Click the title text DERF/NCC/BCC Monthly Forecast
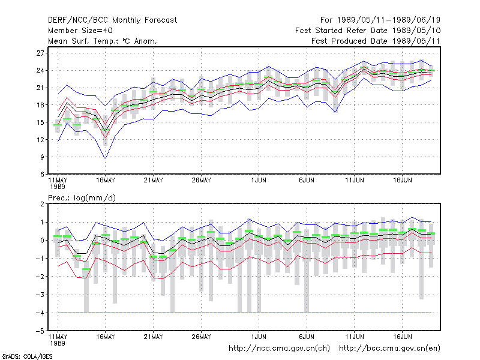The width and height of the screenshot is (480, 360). coord(112,20)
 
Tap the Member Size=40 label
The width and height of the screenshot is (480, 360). coord(80,31)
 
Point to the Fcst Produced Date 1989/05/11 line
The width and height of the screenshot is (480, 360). coord(376,41)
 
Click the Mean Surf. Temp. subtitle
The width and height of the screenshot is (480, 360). coord(103,41)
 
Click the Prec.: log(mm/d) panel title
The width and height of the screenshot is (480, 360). coord(82,198)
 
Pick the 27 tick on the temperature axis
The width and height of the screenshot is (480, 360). coord(40,53)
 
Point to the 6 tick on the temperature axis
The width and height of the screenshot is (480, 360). coord(42,175)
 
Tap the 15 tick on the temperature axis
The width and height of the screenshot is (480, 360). coord(40,122)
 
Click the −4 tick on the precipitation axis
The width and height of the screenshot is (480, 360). coord(40,313)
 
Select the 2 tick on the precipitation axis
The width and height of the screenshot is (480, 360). coord(42,204)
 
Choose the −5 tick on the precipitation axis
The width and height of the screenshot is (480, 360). coord(40,331)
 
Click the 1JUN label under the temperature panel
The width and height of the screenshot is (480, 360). coord(259,181)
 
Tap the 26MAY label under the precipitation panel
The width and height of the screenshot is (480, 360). coord(201,337)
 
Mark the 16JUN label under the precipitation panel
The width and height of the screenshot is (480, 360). coord(402,337)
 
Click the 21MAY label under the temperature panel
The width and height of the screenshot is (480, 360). coord(154,181)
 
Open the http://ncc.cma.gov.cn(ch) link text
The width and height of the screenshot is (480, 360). coord(279,349)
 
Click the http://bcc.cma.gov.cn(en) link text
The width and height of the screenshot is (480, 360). coord(389,349)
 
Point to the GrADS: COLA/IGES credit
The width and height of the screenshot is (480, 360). coord(27,356)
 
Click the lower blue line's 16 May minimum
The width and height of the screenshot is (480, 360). coord(106,158)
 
